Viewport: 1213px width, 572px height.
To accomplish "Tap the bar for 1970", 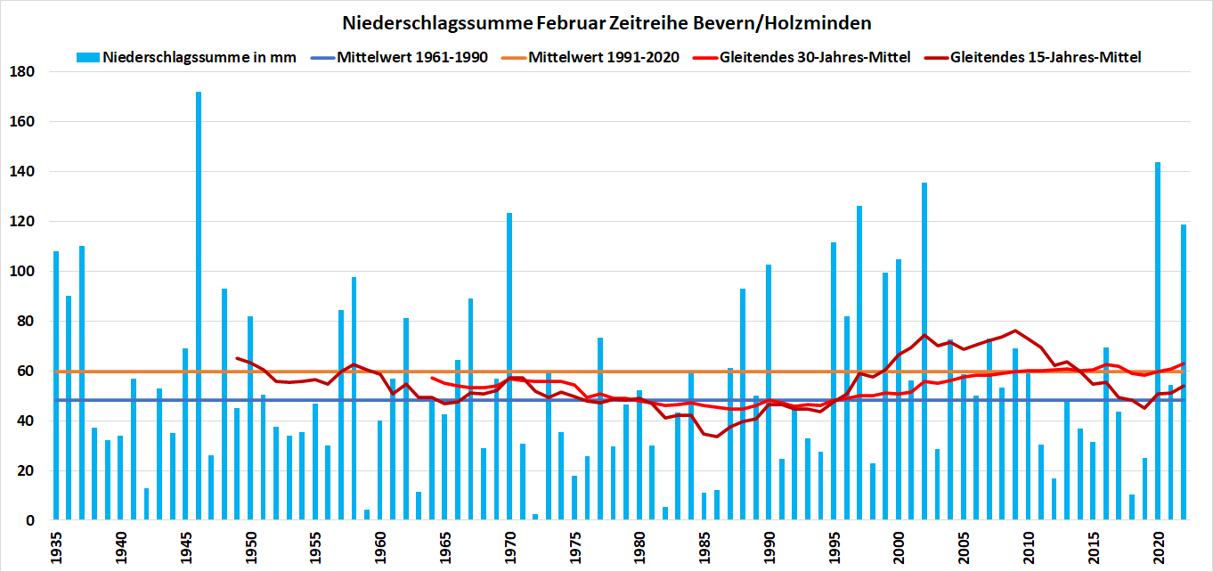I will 509,366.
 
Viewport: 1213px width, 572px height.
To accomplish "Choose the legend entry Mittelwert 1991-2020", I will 604,57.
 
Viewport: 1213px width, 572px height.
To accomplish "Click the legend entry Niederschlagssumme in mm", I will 199,57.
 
